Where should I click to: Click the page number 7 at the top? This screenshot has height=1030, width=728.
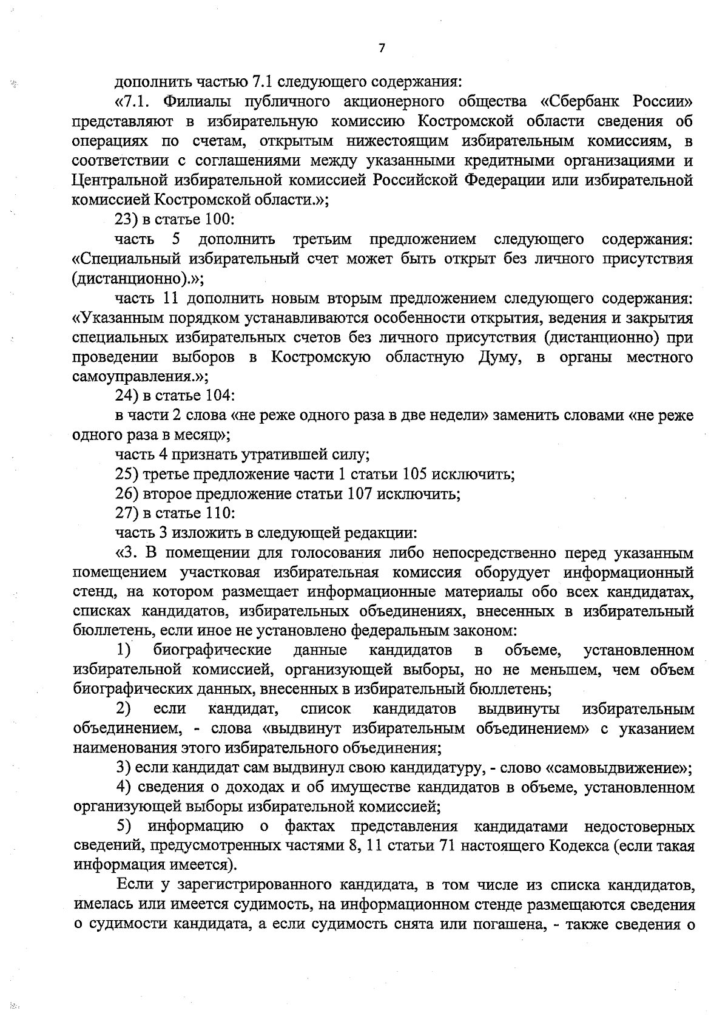pyautogui.click(x=382, y=49)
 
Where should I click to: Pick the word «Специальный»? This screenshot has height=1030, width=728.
pyautogui.click(x=127, y=259)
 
